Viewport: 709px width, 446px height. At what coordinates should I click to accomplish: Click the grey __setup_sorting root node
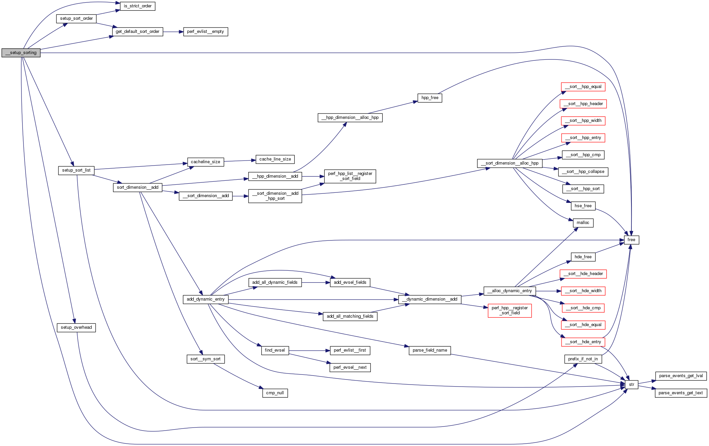coord(21,53)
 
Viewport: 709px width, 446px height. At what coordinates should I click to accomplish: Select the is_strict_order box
coord(137,6)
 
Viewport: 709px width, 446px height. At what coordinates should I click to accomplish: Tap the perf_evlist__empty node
coord(206,32)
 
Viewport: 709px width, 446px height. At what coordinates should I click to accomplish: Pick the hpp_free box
coord(430,98)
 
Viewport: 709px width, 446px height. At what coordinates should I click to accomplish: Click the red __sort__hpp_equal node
coord(583,87)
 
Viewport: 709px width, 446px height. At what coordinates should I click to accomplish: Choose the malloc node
coord(583,223)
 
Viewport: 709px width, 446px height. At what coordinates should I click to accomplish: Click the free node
coord(631,240)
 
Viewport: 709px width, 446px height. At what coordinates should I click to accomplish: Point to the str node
coord(631,385)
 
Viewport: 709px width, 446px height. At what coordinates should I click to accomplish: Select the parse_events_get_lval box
coord(681,376)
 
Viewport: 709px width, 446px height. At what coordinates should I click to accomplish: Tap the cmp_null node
coord(275,393)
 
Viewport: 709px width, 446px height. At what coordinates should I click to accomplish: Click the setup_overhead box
coord(76,327)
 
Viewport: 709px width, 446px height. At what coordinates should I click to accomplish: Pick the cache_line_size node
coord(275,159)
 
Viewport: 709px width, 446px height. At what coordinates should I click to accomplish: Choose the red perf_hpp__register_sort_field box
coord(509,311)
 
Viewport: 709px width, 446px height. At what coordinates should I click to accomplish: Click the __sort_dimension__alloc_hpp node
coord(509,163)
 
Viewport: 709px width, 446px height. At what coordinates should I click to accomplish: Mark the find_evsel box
coord(275,350)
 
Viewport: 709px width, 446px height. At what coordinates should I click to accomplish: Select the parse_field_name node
coord(430,350)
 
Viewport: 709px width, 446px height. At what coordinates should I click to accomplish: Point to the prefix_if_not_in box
coord(583,359)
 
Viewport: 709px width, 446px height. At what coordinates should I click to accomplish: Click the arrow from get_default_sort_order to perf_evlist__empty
coord(173,32)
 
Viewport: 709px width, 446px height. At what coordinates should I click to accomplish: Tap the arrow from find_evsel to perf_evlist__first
coord(309,351)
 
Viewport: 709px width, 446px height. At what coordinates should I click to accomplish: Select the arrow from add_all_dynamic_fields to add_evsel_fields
coord(316,283)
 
